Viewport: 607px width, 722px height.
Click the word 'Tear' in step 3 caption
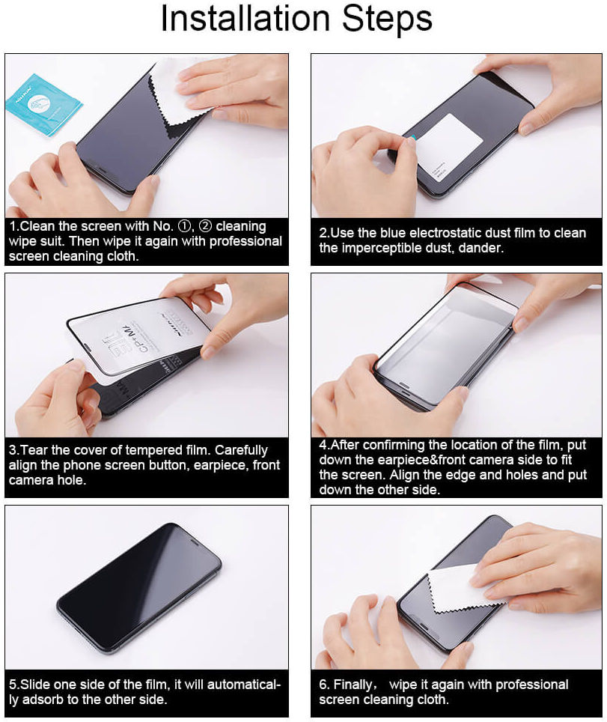coord(35,450)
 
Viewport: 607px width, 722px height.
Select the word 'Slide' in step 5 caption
coord(37,685)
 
